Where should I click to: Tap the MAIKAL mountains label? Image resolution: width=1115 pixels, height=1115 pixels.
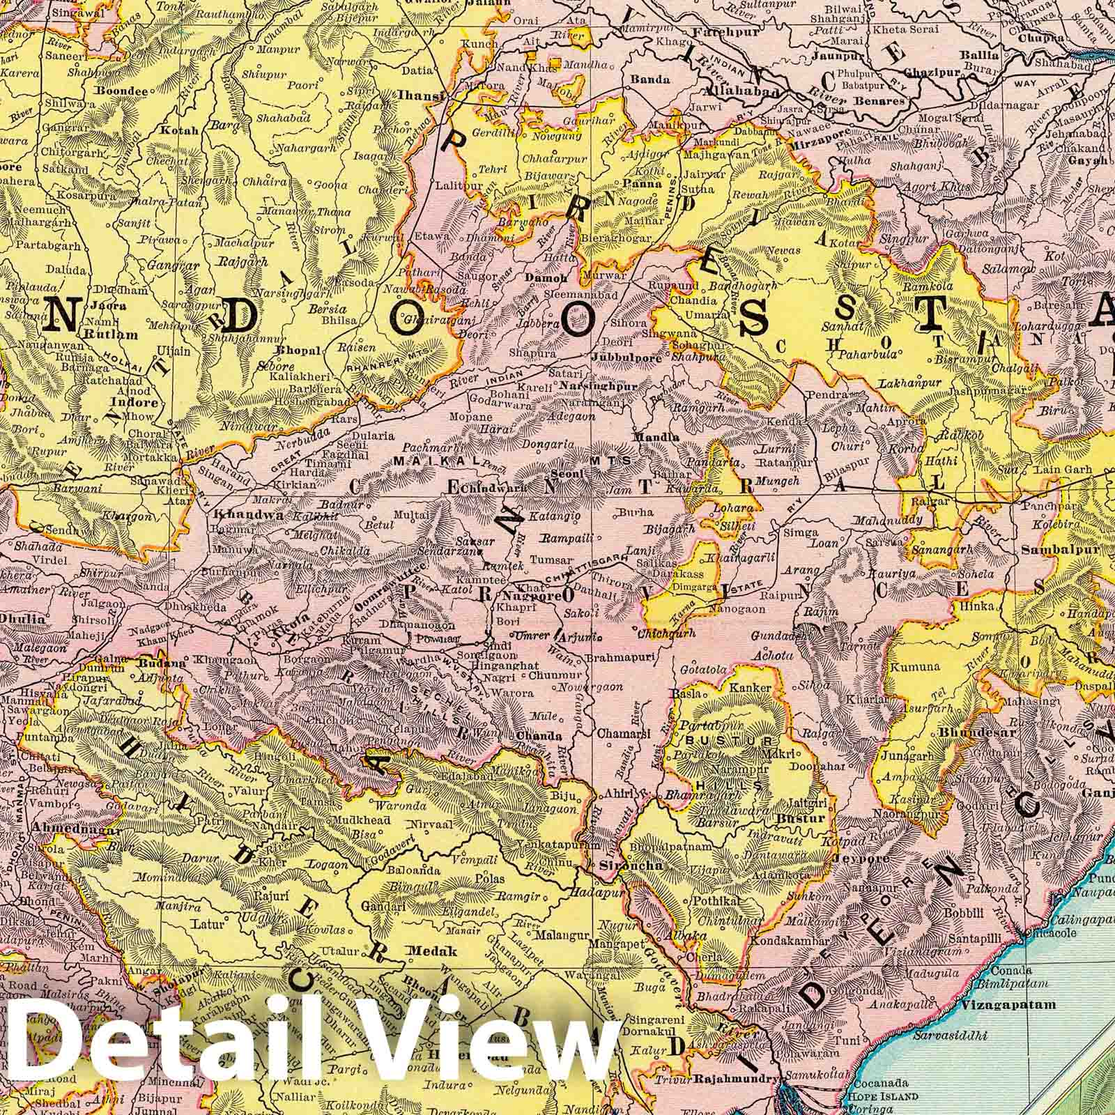[x=424, y=461]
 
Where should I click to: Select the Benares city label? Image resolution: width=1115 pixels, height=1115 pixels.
[x=881, y=101]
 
